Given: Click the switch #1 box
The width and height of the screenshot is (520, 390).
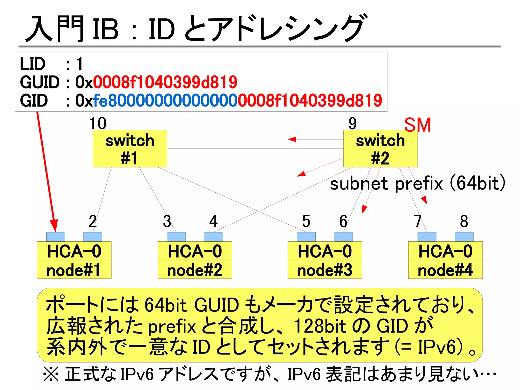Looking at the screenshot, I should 130,149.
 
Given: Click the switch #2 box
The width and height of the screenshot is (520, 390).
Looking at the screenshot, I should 380,149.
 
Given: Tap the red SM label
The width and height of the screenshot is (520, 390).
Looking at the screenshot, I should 417,125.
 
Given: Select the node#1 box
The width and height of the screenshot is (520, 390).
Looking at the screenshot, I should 74,270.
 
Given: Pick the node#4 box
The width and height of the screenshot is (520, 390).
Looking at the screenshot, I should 445,270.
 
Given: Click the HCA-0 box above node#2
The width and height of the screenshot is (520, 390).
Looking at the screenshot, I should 195,251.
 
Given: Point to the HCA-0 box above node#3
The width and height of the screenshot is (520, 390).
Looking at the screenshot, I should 324,251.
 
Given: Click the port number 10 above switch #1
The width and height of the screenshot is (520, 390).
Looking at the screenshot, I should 98,123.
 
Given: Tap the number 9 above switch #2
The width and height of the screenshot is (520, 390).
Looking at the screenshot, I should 352,123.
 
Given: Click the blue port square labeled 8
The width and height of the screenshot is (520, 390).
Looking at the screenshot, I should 464,237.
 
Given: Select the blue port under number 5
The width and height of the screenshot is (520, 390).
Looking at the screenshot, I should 306,237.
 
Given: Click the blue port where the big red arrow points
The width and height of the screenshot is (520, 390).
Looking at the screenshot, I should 56,237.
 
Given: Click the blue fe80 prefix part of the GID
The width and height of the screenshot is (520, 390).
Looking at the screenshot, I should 165,101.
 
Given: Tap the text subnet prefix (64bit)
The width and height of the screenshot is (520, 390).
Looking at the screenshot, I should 417,183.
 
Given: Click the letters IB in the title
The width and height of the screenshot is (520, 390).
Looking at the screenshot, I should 106,29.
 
